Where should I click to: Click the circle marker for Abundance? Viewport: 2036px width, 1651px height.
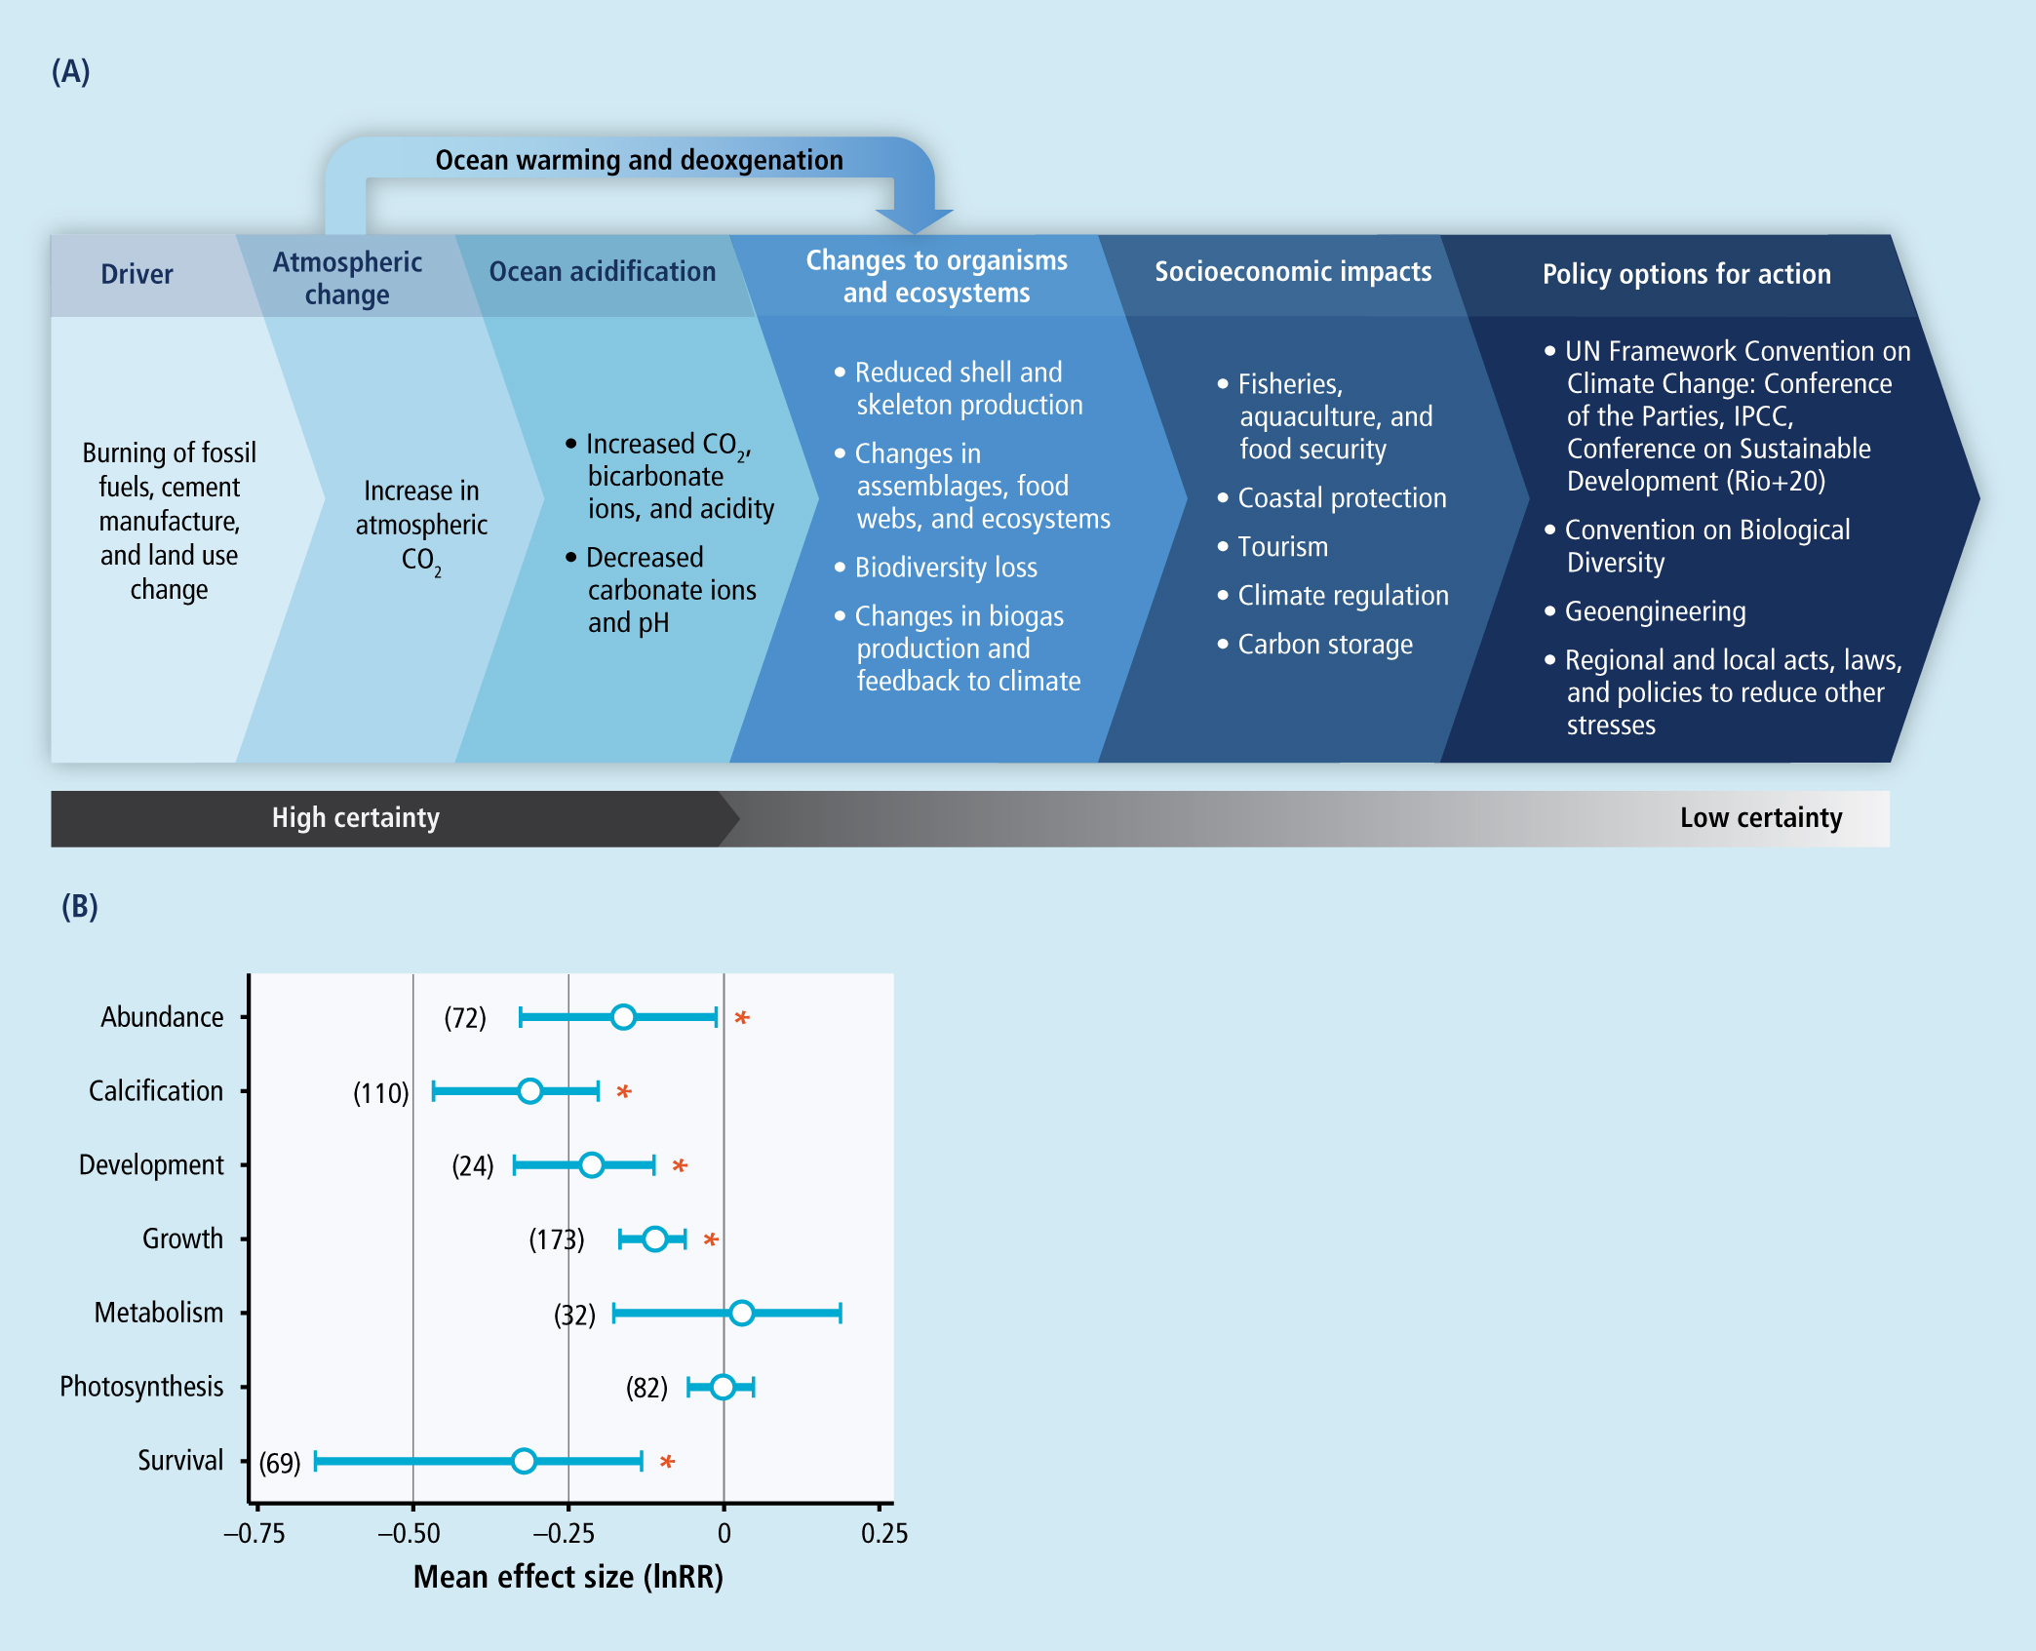[x=623, y=1017]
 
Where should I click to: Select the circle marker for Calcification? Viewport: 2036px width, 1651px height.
[x=529, y=1090]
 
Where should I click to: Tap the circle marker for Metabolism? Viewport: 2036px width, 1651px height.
[x=741, y=1313]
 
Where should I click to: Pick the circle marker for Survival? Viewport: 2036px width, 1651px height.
[x=524, y=1461]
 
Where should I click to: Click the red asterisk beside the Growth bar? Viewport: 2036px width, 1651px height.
[x=711, y=1239]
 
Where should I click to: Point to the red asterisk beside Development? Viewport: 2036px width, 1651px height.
[x=680, y=1165]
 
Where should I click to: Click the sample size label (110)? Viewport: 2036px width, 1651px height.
[x=381, y=1092]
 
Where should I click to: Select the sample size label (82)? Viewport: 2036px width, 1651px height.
[x=646, y=1388]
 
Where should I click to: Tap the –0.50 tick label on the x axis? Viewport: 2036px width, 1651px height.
[x=409, y=1533]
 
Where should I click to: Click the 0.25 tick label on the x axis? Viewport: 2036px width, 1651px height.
[x=884, y=1533]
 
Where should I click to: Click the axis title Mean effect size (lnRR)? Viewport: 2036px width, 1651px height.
[x=568, y=1577]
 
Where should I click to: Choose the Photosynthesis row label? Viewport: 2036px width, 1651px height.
[x=141, y=1387]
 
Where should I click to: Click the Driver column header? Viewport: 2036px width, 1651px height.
[x=137, y=274]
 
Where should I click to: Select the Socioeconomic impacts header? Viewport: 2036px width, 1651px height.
[x=1293, y=272]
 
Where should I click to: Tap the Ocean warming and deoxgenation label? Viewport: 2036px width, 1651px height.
[x=639, y=160]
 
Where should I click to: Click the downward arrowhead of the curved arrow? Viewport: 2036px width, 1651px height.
[x=914, y=221]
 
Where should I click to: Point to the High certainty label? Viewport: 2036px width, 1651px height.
[x=356, y=817]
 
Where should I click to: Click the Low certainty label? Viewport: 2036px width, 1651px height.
[x=1761, y=817]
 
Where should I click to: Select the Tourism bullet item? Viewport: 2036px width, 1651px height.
[x=1273, y=547]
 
